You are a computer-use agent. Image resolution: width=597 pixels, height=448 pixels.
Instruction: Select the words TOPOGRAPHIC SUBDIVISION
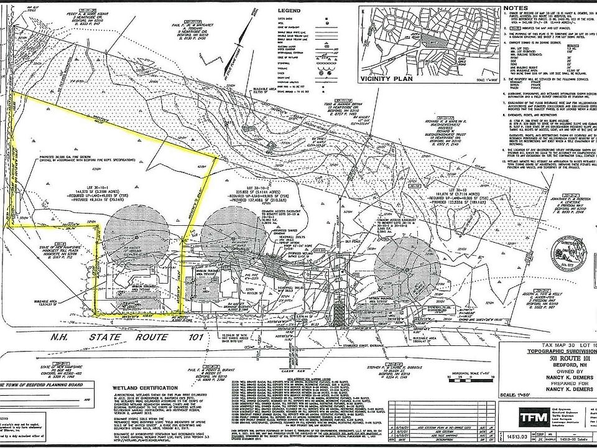(550, 352)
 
